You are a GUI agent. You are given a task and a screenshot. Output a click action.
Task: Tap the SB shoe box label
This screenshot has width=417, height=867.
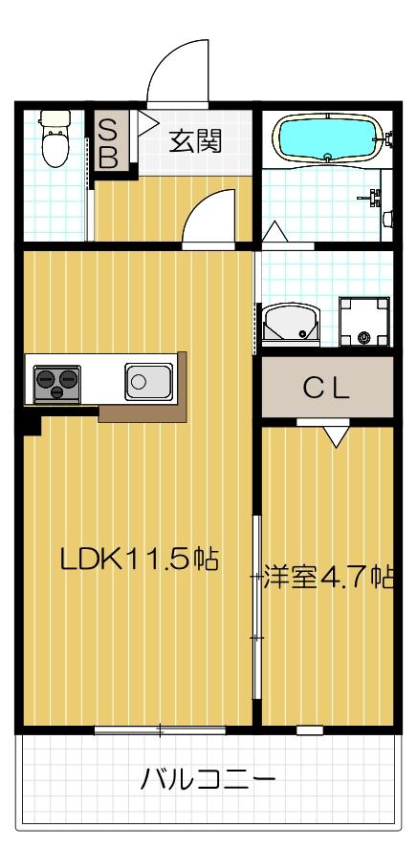click(x=108, y=144)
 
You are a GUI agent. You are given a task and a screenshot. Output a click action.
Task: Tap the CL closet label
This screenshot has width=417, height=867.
click(x=326, y=389)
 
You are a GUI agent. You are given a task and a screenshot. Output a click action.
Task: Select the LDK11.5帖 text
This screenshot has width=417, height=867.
click(x=140, y=559)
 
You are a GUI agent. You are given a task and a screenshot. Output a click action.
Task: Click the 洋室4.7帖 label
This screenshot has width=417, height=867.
click(x=329, y=577)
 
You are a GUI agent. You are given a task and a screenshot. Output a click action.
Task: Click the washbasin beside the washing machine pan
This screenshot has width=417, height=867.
click(x=290, y=325)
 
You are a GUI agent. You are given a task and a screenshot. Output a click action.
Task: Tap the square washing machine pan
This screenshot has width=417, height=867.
click(x=365, y=323)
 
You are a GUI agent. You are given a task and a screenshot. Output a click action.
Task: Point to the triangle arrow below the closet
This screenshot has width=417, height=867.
click(x=335, y=436)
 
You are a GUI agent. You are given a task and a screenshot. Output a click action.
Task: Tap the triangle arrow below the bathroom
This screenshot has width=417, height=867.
click(x=274, y=231)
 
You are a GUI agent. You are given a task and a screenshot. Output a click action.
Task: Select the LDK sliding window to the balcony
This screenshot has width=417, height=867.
click(x=160, y=730)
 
